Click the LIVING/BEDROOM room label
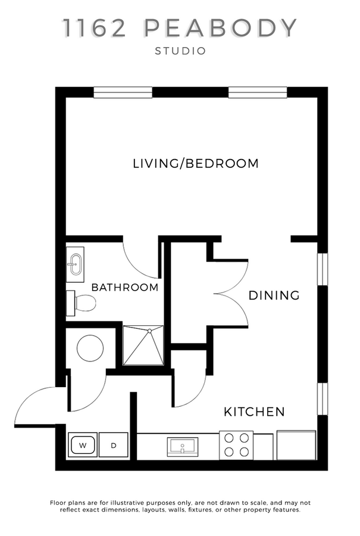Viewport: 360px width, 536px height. point(195,163)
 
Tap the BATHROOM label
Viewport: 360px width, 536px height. point(125,287)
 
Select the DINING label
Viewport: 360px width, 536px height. point(274,295)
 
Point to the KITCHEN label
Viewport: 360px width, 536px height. point(254,412)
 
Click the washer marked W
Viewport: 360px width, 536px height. point(83,445)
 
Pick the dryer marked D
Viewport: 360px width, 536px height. point(114,445)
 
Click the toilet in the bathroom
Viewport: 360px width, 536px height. point(82,303)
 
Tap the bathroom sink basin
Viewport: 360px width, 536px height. point(75,264)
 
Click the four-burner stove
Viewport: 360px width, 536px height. point(236,445)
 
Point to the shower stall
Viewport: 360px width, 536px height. point(143,345)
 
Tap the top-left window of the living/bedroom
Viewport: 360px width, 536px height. point(123,92)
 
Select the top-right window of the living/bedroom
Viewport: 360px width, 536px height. point(258,92)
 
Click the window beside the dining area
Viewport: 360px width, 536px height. point(323,269)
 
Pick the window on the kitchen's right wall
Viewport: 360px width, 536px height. point(323,399)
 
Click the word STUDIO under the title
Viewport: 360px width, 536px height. point(180,51)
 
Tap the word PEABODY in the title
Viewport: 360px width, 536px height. point(221,28)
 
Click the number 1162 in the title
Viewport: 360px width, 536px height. point(95,28)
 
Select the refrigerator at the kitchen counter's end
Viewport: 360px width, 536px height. point(296,445)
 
